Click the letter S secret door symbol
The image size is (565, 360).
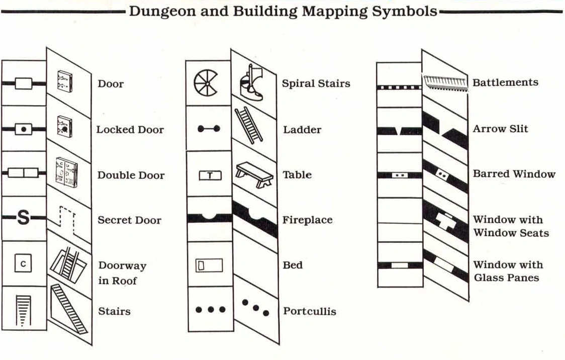tap(24, 219)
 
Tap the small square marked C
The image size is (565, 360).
tap(23, 263)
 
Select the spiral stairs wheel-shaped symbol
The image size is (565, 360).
tap(206, 82)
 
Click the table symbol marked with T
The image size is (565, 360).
tap(210, 175)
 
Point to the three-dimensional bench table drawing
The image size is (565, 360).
tap(254, 174)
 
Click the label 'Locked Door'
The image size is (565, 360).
tap(130, 130)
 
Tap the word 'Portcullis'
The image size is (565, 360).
tap(309, 311)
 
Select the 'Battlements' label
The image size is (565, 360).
tap(505, 82)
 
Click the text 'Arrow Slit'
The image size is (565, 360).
tap(500, 129)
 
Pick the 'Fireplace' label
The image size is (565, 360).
tap(307, 220)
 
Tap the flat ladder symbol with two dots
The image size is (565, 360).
tap(209, 129)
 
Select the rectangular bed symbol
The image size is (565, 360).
tap(209, 265)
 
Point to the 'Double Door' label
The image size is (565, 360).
tap(131, 175)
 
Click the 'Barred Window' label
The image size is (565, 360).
tap(514, 174)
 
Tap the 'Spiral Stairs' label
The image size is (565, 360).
tap(316, 83)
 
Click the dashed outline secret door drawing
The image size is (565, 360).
tap(67, 220)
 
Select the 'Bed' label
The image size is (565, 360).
tap(293, 265)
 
